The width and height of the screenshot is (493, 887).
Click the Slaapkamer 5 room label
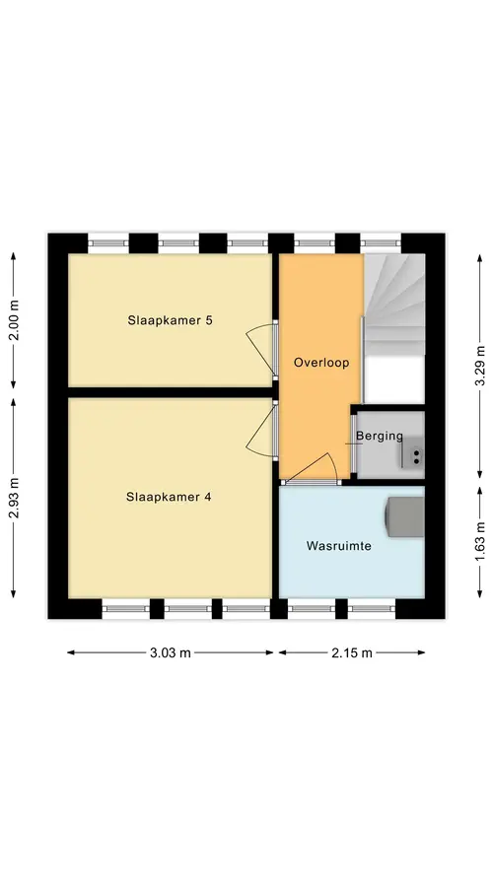coord(170,320)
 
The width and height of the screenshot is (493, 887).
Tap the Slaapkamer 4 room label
coord(169,498)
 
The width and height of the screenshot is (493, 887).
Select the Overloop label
coord(320,363)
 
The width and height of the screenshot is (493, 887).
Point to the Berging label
coord(380,437)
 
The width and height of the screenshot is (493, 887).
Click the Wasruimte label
coord(339,546)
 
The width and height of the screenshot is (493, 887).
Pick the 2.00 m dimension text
coord(14,320)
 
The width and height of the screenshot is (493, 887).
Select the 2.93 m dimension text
coord(14,498)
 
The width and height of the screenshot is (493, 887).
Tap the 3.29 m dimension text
coord(479,366)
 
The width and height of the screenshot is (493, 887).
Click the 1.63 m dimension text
coord(479,541)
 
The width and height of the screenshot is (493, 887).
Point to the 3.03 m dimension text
coord(171,652)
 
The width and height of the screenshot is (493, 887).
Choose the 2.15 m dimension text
coord(352,652)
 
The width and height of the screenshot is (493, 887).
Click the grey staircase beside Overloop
coord(394,305)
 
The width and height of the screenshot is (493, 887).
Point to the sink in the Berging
coord(414,454)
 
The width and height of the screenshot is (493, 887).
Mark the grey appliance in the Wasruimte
coord(404,516)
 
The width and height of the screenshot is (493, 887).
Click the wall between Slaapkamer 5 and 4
coord(171,392)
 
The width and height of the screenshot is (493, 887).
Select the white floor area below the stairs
coord(394,378)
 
